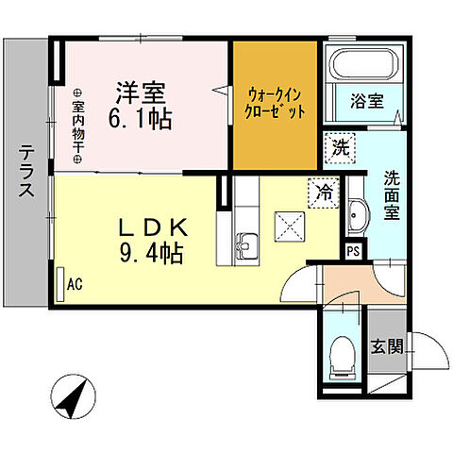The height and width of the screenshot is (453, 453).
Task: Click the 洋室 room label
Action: (141, 93)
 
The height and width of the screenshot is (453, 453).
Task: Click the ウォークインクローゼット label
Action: (276, 103)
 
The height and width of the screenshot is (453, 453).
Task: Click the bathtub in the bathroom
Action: (367, 64)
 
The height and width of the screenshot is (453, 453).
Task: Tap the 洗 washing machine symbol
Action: (339, 146)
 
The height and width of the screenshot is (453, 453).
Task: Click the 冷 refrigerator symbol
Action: (323, 193)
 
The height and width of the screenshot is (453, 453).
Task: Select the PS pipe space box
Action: (353, 251)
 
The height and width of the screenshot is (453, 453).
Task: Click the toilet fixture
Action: (344, 356)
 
